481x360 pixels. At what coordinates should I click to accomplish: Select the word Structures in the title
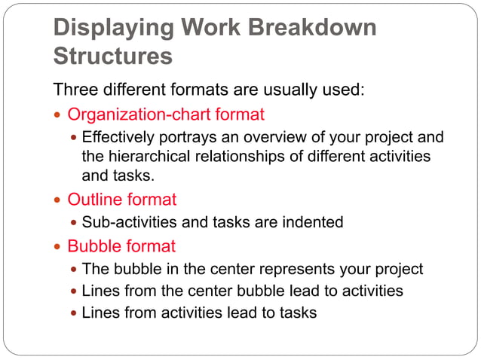pyautogui.click(x=113, y=56)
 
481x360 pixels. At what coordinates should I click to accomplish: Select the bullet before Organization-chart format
pyautogui.click(x=58, y=115)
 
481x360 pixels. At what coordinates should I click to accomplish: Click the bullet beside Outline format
pyautogui.click(x=58, y=200)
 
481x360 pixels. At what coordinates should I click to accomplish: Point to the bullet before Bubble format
pyautogui.click(x=58, y=247)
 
